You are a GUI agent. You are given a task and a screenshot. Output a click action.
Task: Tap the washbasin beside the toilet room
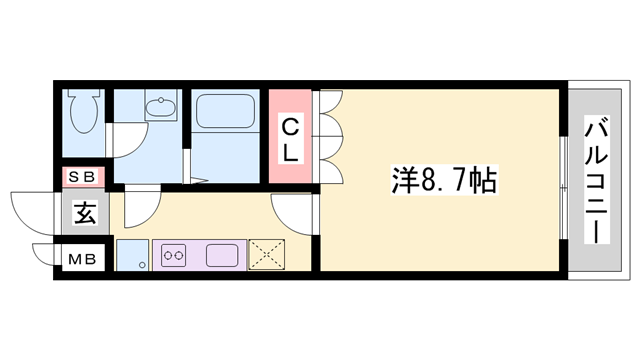tap(158, 105)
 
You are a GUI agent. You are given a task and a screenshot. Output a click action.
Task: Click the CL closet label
tap(288, 139)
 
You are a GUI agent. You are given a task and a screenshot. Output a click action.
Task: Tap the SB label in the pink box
tap(81, 178)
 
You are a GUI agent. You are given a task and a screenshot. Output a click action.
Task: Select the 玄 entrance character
tap(83, 213)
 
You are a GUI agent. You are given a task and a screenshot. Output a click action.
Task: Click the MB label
tap(81, 259)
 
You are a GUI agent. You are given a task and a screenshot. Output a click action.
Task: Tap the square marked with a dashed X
tap(266, 255)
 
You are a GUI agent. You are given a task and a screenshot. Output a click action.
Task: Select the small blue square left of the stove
tap(131, 256)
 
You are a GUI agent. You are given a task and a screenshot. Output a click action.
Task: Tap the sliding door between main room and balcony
tap(564, 185)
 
